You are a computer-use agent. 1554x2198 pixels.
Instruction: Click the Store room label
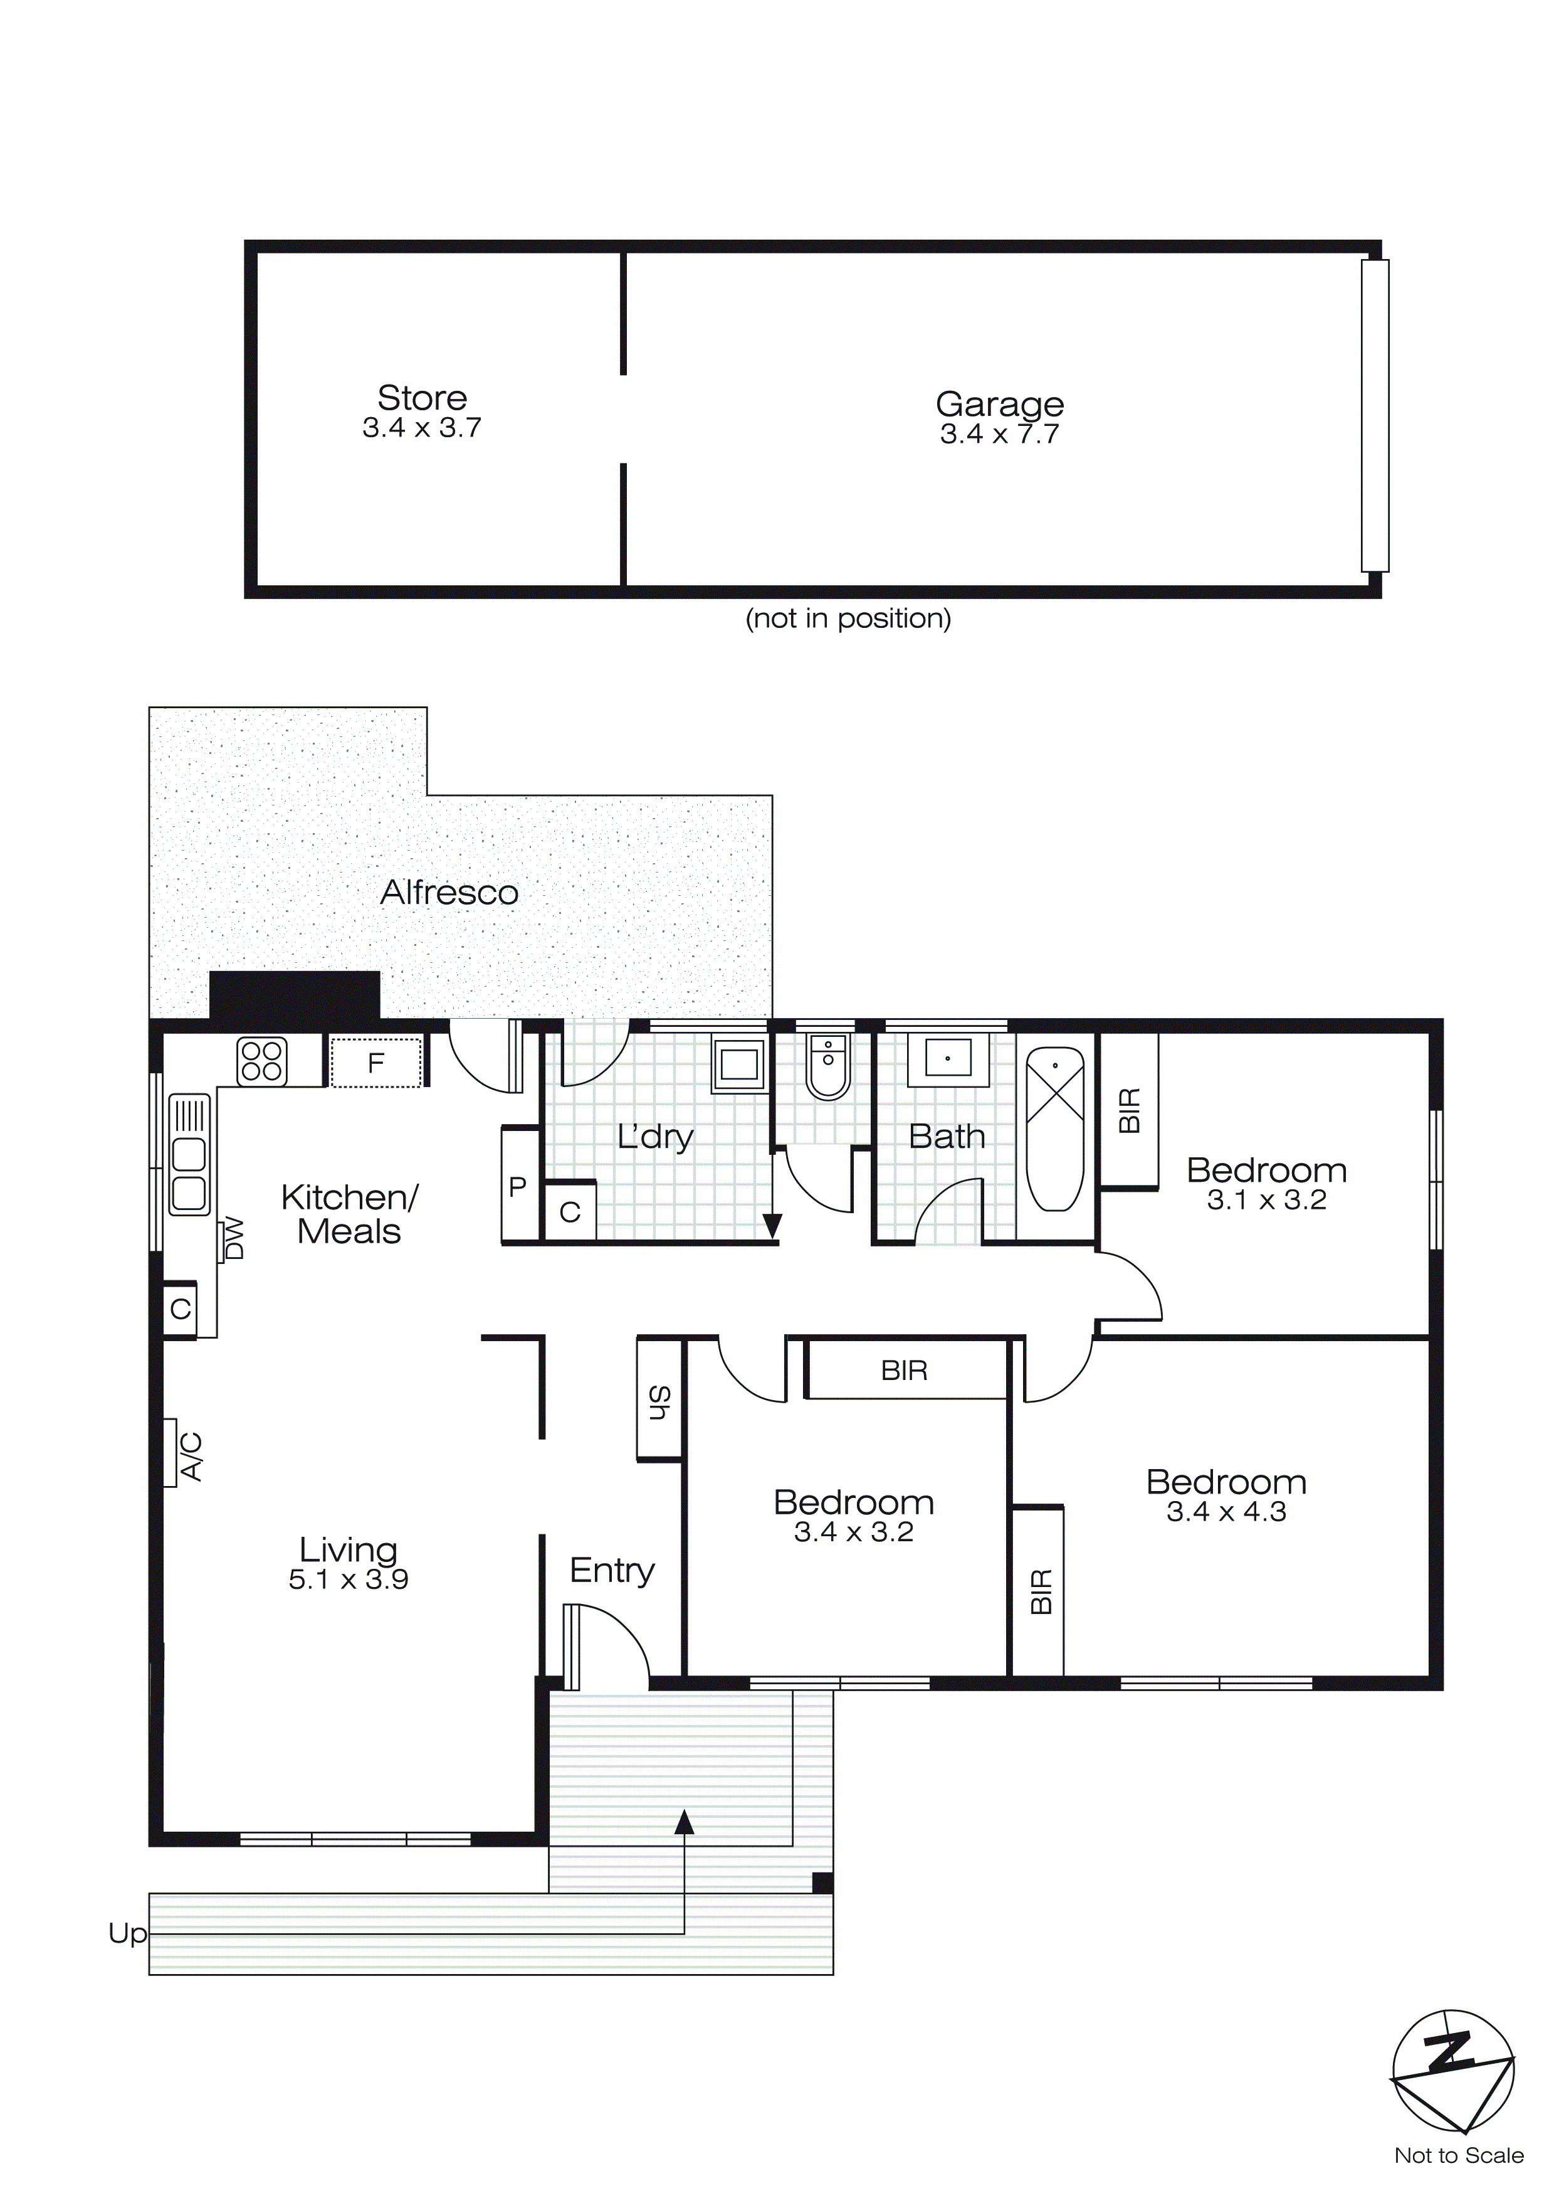tap(422, 397)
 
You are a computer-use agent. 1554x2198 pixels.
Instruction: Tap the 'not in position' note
tap(848, 619)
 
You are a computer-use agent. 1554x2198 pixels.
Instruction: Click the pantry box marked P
tap(518, 1187)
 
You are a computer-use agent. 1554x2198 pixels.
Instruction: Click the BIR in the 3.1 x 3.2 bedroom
tap(1129, 1110)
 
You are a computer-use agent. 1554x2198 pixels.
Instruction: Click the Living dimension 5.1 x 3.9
tap(349, 1579)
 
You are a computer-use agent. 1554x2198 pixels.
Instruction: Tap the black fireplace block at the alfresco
tap(295, 995)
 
